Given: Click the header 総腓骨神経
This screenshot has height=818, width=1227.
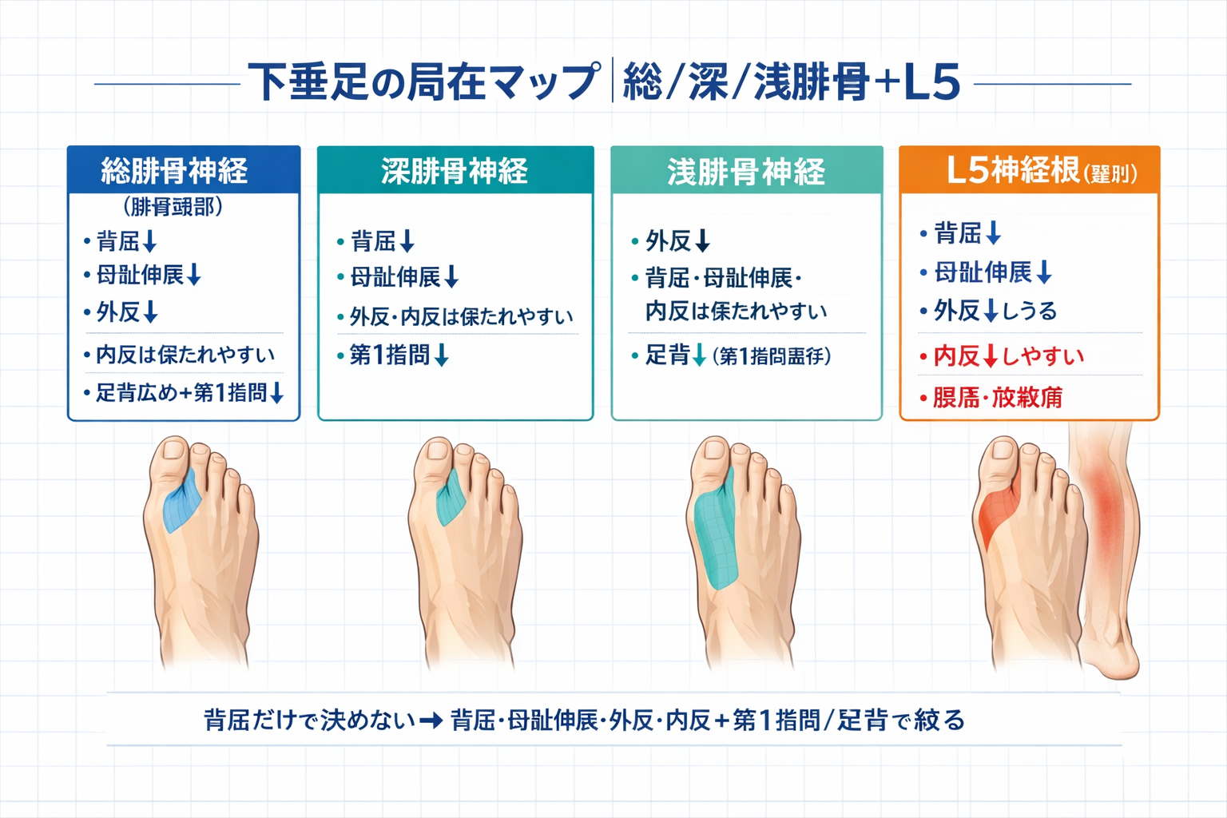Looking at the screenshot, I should [174, 171].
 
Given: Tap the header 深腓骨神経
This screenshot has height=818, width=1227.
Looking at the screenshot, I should [455, 171].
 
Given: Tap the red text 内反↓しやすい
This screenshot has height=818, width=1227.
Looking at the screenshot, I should [1008, 356].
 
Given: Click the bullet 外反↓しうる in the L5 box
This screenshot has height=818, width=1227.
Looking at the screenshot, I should [995, 311].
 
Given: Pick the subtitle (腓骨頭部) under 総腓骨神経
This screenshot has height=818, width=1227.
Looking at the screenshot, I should [173, 207].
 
